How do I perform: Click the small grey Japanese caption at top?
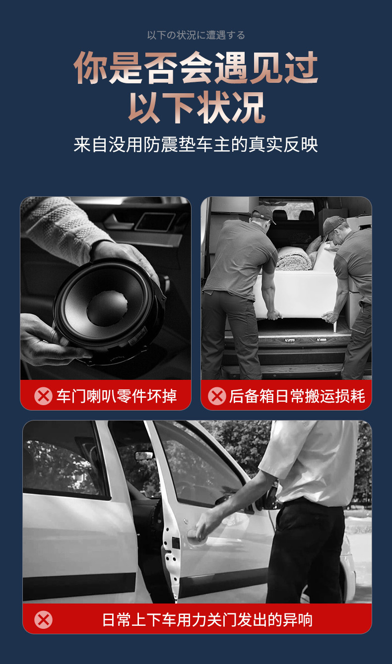click(196, 35)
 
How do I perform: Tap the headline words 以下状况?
click(196, 106)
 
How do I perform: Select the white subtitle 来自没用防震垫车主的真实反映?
click(196, 144)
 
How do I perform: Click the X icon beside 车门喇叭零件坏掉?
click(43, 396)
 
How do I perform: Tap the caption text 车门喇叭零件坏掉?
click(117, 396)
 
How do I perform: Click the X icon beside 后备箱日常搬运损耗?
click(217, 396)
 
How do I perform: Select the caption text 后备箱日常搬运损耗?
click(297, 396)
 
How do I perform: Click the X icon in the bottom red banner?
click(43, 619)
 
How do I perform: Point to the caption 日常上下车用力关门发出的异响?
click(207, 619)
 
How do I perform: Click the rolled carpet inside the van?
click(293, 258)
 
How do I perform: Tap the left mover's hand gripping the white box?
click(273, 314)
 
